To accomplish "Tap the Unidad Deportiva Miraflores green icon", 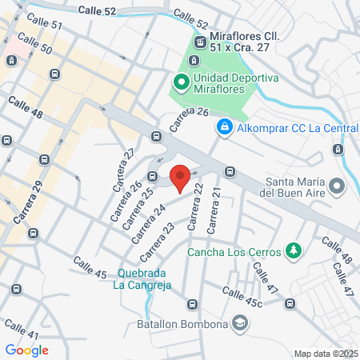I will pos(181,81).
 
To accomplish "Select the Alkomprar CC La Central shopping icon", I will pos(226,126).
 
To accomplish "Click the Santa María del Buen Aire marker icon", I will pos(337,186).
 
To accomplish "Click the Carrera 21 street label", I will pos(213,216).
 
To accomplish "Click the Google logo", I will pos(26,350).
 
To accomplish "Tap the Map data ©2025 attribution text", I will pos(324,354).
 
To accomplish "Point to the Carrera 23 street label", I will pos(157,242).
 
